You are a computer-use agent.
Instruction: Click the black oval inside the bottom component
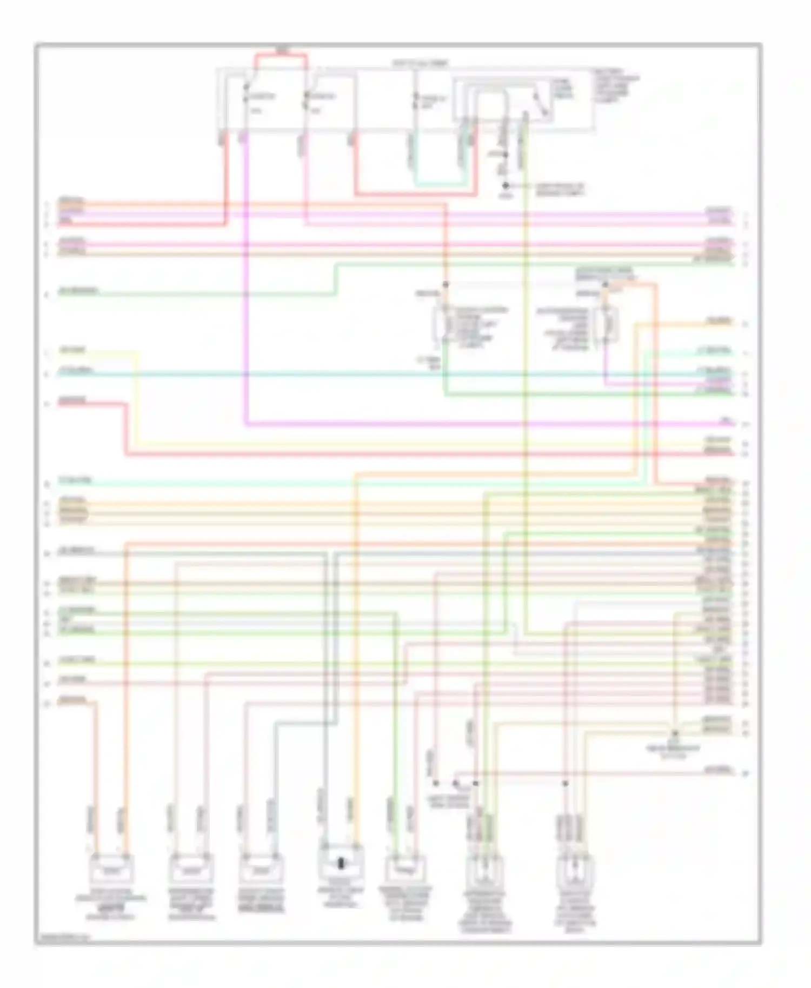click(x=341, y=863)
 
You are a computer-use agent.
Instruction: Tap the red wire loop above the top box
click(x=282, y=55)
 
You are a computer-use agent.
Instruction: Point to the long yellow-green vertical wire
click(x=524, y=378)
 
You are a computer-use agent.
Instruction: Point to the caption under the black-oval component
click(x=340, y=897)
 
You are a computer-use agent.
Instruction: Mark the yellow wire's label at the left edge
click(x=73, y=350)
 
